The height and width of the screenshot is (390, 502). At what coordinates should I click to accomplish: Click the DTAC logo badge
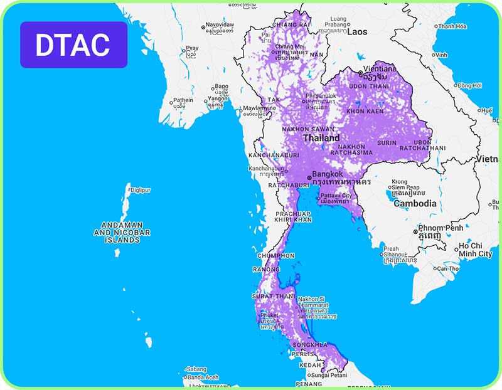(73, 45)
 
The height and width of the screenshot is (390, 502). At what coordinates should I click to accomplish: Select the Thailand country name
(321, 138)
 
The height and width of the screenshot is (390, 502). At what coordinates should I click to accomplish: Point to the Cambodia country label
(415, 204)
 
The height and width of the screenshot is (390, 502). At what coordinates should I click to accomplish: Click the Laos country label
(357, 31)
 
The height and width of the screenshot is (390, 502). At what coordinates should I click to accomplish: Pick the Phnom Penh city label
(441, 227)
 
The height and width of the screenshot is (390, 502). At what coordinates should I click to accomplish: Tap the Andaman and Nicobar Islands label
(122, 232)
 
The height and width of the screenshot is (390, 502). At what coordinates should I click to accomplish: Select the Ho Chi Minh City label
(476, 250)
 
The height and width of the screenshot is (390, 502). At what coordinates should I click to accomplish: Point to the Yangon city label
(218, 98)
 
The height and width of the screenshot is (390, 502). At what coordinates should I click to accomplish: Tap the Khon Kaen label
(365, 111)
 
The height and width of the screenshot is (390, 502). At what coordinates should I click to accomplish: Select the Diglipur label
(140, 190)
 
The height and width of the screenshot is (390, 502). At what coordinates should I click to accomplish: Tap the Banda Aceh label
(203, 377)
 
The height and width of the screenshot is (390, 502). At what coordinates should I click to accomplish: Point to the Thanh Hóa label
(452, 26)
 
